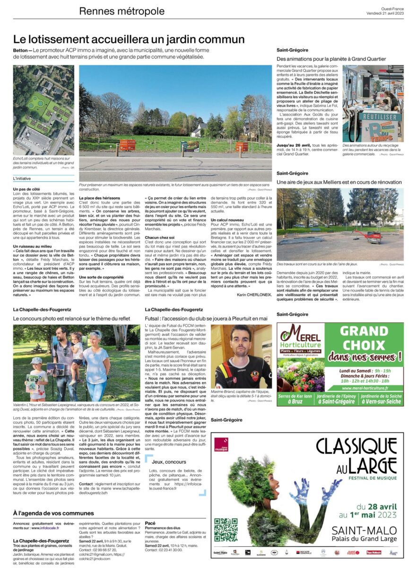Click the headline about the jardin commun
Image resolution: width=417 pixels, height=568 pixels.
(129, 39)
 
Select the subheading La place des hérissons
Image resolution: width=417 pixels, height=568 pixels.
(100, 197)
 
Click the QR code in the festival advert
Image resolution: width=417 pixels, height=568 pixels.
(226, 530)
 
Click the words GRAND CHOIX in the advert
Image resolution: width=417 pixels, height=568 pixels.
(371, 338)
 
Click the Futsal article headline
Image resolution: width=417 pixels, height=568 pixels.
(206, 319)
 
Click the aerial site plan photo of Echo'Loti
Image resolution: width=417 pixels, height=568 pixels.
(43, 111)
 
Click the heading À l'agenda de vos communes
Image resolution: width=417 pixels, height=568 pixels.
(54, 513)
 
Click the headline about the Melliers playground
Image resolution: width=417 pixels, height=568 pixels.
(339, 182)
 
